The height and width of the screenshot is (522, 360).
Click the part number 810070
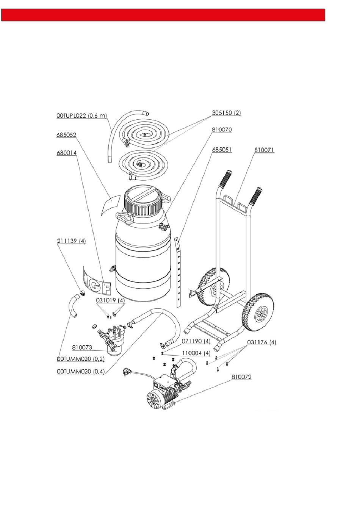(222, 129)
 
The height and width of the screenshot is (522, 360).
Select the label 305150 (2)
(226, 113)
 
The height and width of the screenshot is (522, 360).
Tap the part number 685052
(66, 135)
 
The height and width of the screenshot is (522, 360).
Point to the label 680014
(66, 153)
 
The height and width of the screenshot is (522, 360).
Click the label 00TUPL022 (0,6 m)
(81, 116)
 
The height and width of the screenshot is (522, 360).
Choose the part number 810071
(264, 150)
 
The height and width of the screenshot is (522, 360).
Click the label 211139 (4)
(71, 241)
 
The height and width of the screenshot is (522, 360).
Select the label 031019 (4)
(110, 300)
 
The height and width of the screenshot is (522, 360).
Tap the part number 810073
(82, 347)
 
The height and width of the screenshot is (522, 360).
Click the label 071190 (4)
(196, 341)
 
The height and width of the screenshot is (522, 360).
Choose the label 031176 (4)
(261, 342)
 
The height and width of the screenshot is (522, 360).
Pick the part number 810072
(241, 377)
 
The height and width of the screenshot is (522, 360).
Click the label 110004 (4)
(196, 353)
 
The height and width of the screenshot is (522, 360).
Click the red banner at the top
(163, 15)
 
